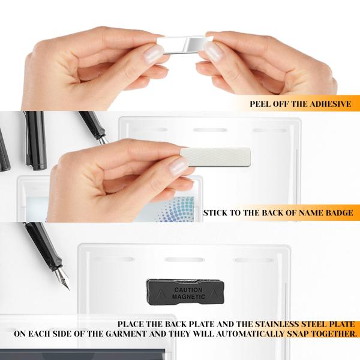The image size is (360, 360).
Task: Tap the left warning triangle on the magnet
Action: pyautogui.click(x=160, y=293)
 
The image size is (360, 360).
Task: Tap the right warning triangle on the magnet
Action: pyautogui.click(x=214, y=293)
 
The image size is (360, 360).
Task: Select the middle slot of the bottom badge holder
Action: pyautogui.click(x=184, y=260)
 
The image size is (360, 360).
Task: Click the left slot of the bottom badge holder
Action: pyautogui.click(x=113, y=259)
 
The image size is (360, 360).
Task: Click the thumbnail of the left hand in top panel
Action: pyautogui.click(x=153, y=54)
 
